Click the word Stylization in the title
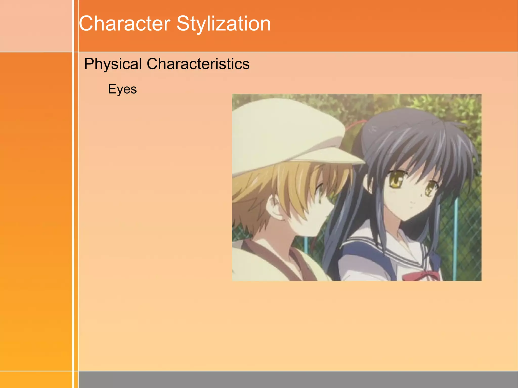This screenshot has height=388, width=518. point(224,24)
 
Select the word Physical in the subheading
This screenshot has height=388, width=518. point(113,64)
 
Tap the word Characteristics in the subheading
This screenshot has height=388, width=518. point(198,64)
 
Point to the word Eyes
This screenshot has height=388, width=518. point(122,89)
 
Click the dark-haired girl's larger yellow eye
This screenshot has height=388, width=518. point(396,180)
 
